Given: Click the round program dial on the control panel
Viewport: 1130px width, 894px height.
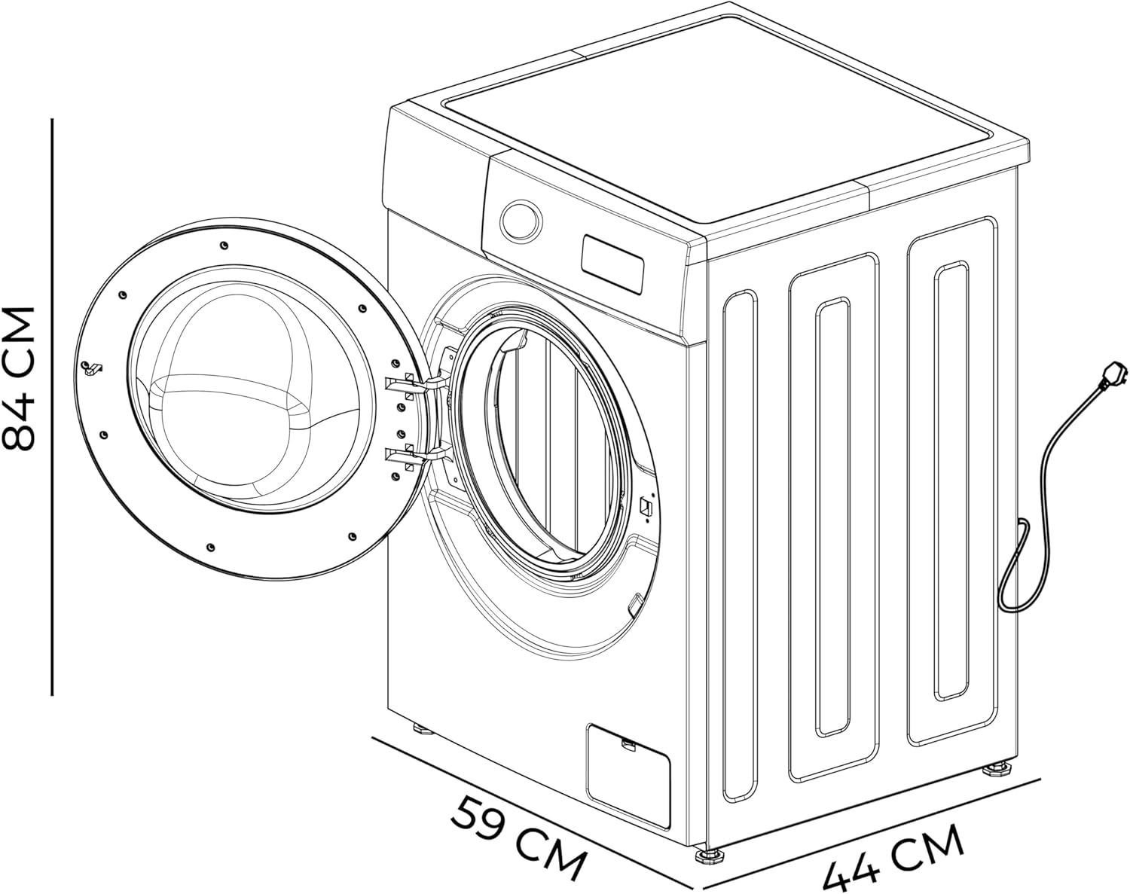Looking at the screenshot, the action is [x=521, y=221].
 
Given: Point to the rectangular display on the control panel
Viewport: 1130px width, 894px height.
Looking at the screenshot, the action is [x=612, y=264].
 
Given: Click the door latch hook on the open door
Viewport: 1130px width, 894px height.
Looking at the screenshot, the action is [x=92, y=368].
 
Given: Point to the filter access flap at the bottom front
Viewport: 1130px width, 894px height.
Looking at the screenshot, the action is [x=628, y=777].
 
